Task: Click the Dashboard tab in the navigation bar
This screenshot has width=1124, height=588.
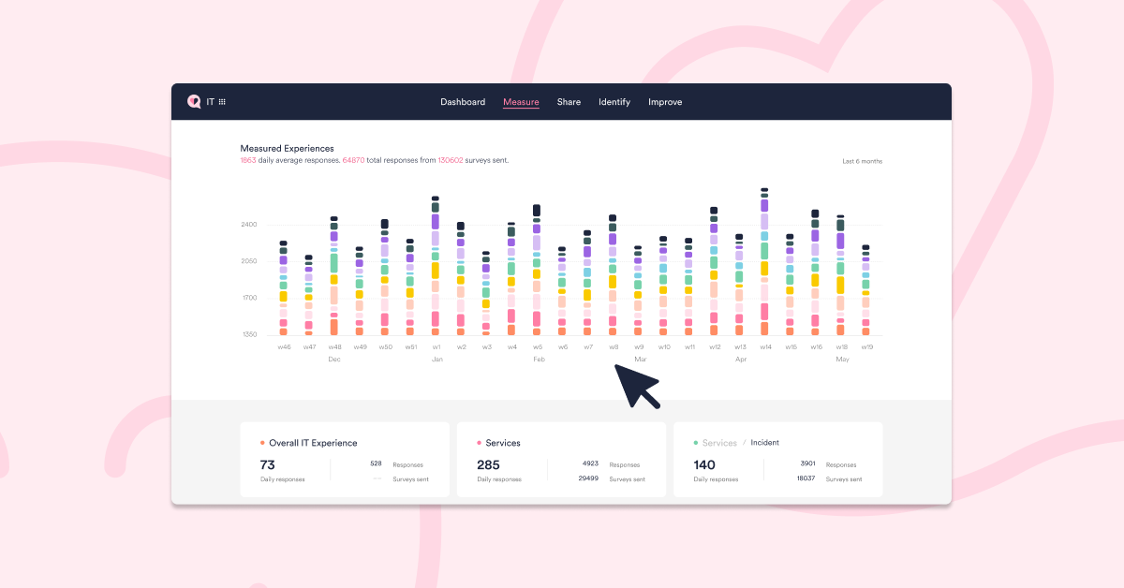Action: [x=463, y=102]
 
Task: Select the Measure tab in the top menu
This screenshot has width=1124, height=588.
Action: [x=521, y=102]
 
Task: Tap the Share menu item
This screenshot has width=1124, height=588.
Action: [x=569, y=102]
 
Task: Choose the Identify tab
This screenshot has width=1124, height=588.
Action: [x=614, y=102]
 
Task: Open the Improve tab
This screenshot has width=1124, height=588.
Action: [x=665, y=102]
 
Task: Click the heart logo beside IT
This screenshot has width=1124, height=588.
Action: [x=194, y=102]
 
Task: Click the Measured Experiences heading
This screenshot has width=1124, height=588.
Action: [x=287, y=148]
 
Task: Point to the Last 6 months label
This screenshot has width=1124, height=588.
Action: [x=862, y=161]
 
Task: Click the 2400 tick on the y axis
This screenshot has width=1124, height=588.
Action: [x=248, y=225]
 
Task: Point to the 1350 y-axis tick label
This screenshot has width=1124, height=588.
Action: [x=248, y=334]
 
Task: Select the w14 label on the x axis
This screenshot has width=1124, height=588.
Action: [x=765, y=347]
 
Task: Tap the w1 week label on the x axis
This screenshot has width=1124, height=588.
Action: [x=436, y=347]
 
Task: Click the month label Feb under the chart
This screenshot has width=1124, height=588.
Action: [x=539, y=360]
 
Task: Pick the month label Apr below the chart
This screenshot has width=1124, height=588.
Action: [x=741, y=360]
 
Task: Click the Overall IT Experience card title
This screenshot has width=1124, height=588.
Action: [x=313, y=443]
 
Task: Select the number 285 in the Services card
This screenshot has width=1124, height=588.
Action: [x=488, y=464]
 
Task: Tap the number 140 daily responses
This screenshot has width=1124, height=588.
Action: [x=704, y=464]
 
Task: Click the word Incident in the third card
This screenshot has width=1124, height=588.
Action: [x=764, y=443]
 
